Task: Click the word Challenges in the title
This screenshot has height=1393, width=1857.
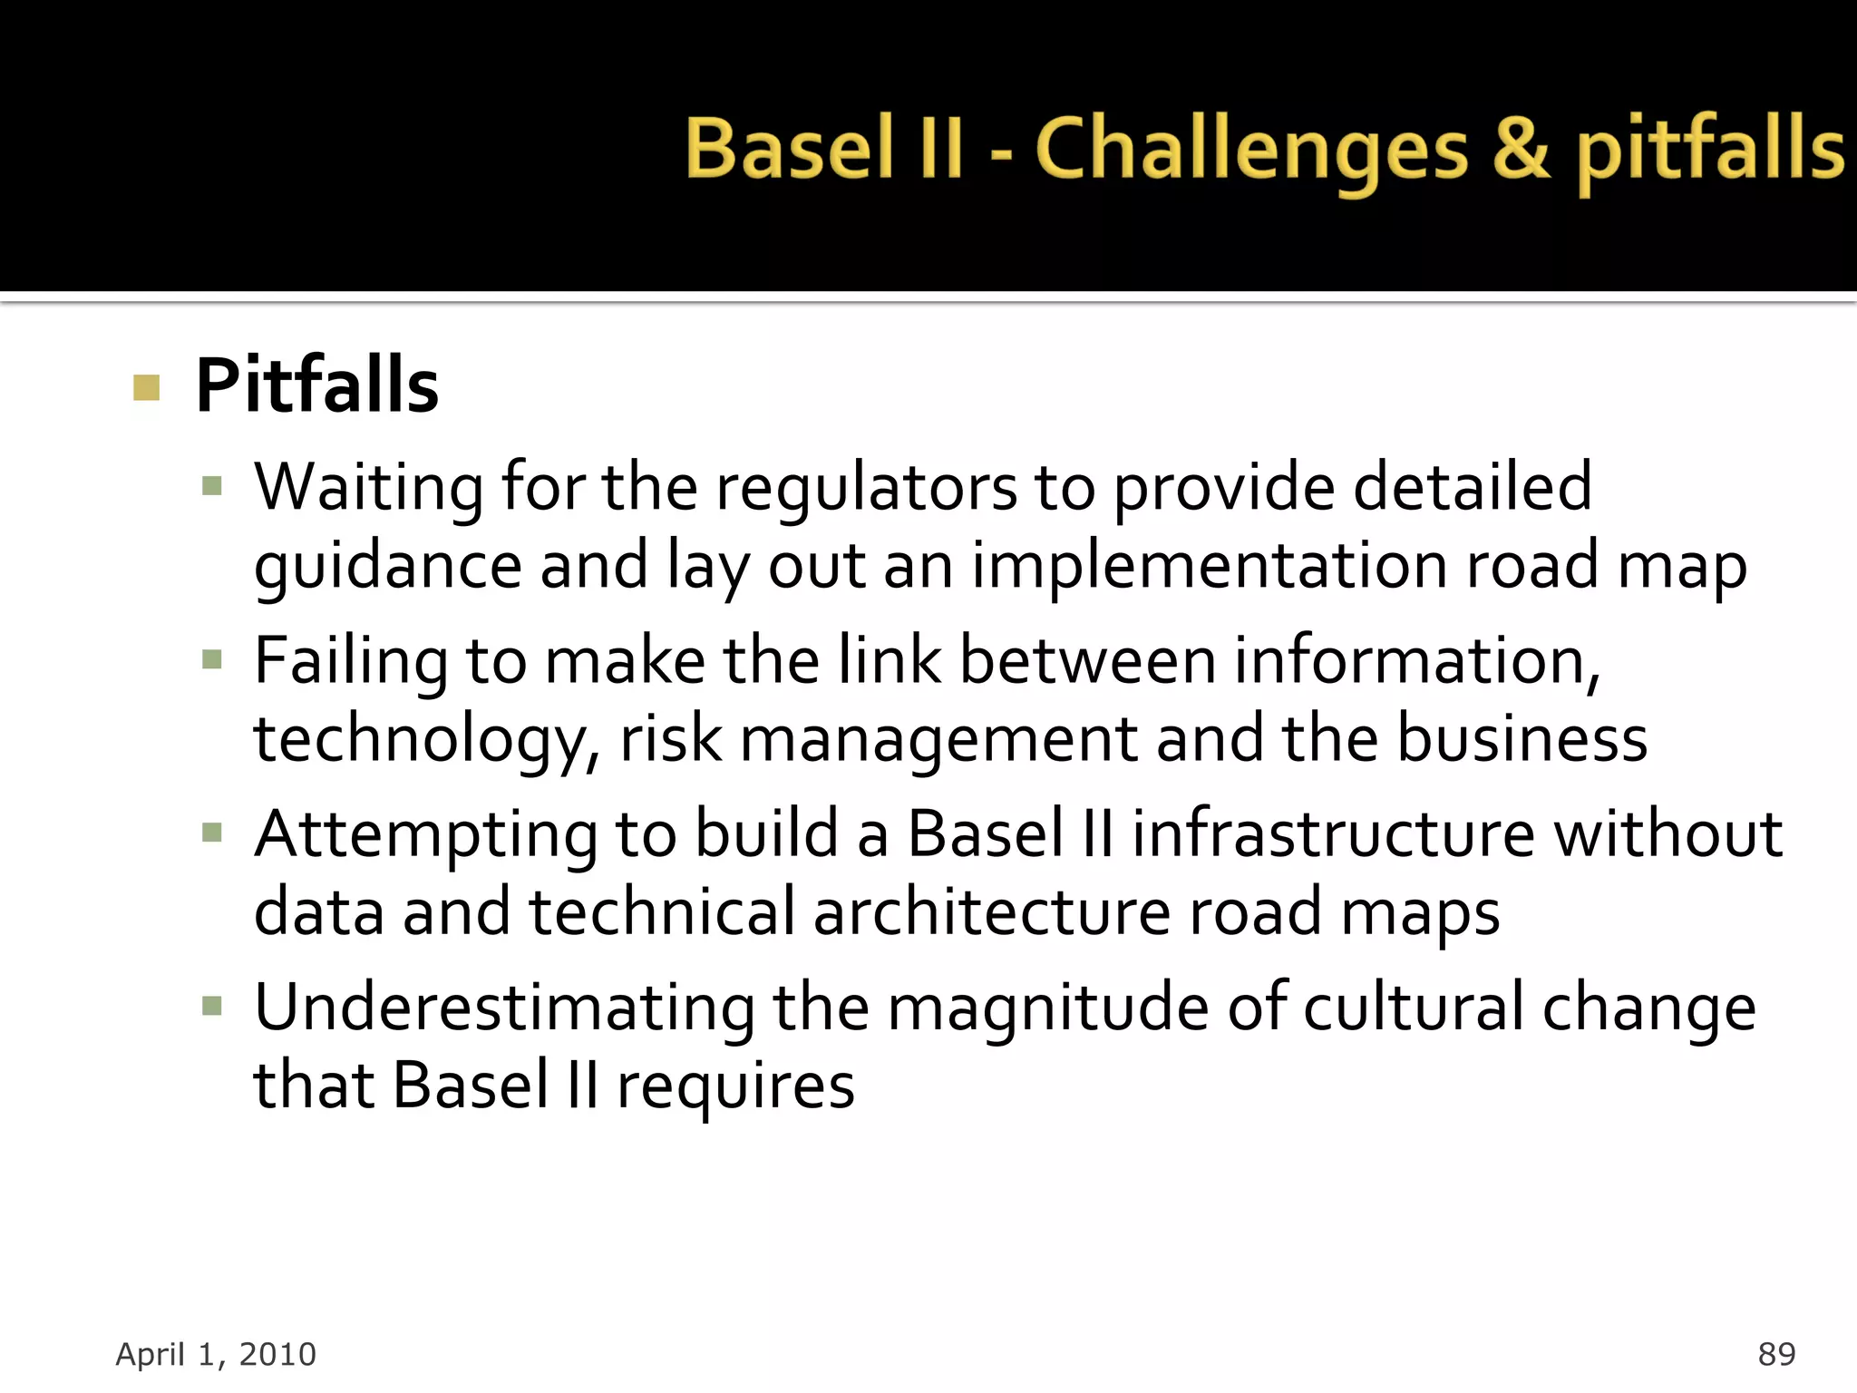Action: [1250, 151]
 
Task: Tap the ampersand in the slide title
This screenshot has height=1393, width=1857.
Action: [1521, 149]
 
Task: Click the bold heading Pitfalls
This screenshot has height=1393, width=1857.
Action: [317, 386]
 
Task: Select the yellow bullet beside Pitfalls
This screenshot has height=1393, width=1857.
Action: [146, 387]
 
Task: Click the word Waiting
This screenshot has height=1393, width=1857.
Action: [368, 488]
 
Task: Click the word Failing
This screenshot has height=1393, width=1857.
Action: [350, 660]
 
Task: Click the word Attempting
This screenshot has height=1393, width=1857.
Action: [425, 834]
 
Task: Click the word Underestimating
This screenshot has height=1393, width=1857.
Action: [504, 1008]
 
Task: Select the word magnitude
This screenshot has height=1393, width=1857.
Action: [1047, 1008]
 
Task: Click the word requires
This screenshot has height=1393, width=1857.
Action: [735, 1086]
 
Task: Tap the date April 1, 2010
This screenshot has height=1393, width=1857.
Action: [216, 1354]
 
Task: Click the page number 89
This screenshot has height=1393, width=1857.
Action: [1775, 1354]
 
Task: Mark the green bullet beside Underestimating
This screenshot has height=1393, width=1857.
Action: [212, 1006]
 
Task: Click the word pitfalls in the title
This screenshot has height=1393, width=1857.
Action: [1709, 151]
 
